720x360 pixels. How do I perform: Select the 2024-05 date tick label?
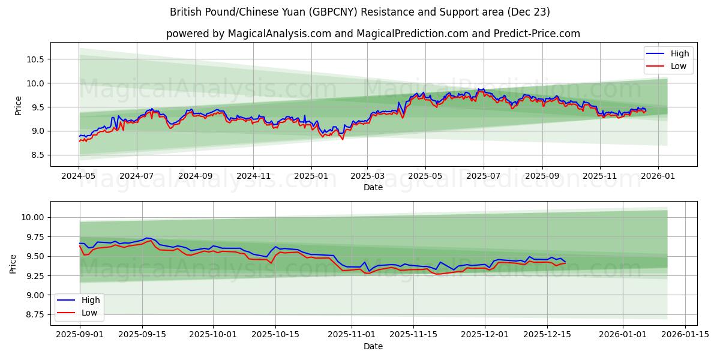click(79, 176)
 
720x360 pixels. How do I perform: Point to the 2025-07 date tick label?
click(484, 176)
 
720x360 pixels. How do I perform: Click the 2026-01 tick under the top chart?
click(658, 176)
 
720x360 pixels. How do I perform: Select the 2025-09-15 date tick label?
click(142, 334)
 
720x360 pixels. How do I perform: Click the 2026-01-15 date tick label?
click(685, 334)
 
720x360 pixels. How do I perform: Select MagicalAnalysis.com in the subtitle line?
click(280, 34)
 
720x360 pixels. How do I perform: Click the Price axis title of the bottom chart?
click(13, 263)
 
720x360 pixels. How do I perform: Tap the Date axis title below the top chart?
click(373, 187)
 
